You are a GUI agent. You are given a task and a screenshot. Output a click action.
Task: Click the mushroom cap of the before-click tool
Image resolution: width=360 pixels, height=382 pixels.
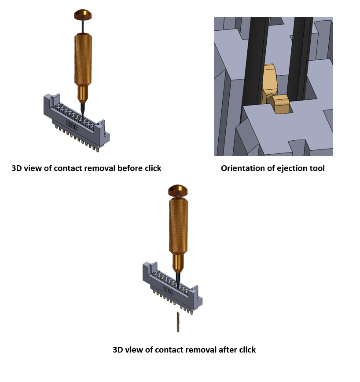point(83,15)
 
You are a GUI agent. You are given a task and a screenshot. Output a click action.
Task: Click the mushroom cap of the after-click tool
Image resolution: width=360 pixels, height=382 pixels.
point(178,190)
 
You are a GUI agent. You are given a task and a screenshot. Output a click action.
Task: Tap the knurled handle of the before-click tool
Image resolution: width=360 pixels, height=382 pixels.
point(83,59)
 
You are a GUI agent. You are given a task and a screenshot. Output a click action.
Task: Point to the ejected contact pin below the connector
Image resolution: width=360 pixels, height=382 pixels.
point(178,322)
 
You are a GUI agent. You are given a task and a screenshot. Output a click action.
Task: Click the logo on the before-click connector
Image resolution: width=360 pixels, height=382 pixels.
point(72,124)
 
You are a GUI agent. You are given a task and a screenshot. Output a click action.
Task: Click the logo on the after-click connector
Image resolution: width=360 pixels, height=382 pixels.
point(168,291)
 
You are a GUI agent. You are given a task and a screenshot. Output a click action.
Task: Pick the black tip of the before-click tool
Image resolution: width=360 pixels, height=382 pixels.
point(82,111)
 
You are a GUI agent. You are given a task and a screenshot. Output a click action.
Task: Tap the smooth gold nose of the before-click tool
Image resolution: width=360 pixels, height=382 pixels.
point(83,94)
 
